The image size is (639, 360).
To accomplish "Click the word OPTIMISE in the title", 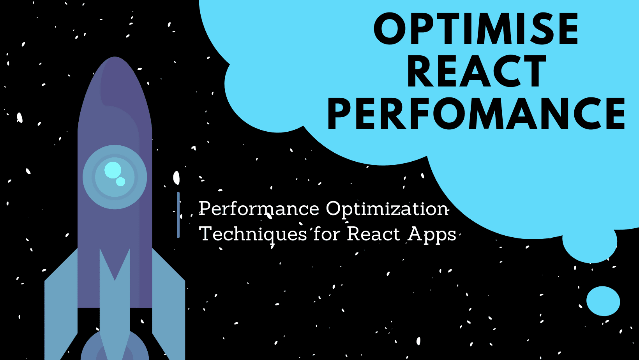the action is click(x=476, y=28).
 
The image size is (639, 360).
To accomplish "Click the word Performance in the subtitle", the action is click(x=259, y=208).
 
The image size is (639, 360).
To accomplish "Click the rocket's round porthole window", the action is click(x=115, y=177).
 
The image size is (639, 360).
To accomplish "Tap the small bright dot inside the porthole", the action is click(x=121, y=182).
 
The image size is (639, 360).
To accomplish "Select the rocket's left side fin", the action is click(x=61, y=304).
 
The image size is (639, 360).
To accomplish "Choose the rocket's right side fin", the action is click(x=169, y=304).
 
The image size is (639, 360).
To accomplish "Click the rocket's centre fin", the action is click(x=115, y=308).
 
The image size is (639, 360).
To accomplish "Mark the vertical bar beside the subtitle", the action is click(x=178, y=215).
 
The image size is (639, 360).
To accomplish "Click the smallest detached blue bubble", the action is click(x=603, y=301).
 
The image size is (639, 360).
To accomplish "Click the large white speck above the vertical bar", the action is click(x=176, y=178).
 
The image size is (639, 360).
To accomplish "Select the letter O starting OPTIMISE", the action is click(x=389, y=29).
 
